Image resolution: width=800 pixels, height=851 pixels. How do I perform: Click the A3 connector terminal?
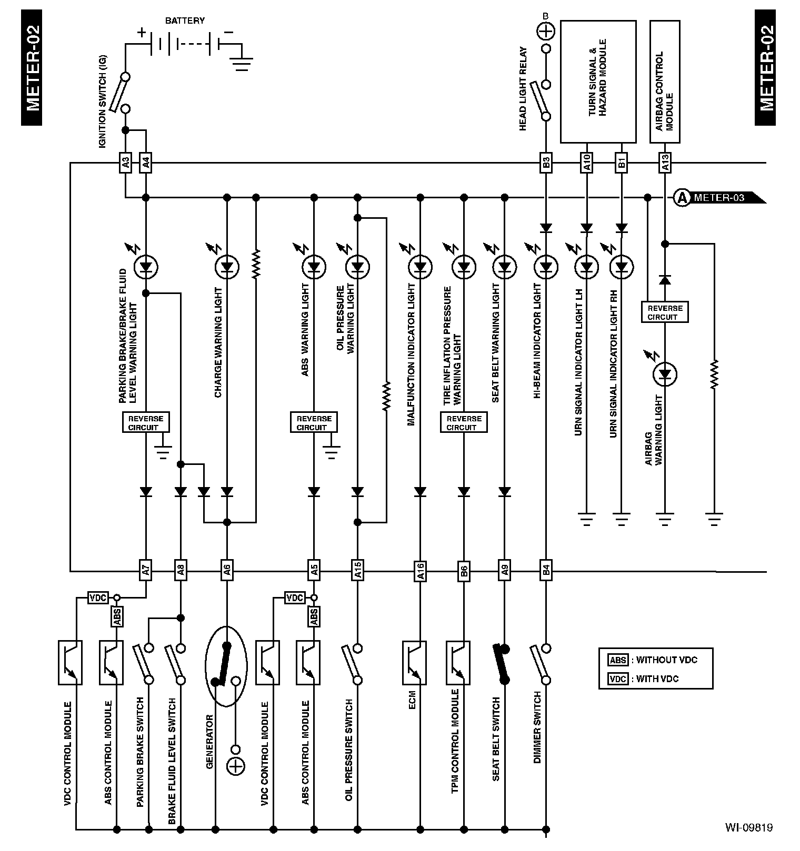pos(125,163)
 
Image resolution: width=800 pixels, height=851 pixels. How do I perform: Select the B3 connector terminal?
pos(546,163)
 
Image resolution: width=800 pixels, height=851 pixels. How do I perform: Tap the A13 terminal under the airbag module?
pos(665,163)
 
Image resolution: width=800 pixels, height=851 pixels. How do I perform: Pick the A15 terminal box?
pos(357,571)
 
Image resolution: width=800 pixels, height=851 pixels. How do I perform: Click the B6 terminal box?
pos(464,571)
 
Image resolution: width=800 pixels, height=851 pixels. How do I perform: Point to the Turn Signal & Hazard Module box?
pos(598,82)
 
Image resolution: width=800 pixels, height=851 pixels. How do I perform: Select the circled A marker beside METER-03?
pos(682,198)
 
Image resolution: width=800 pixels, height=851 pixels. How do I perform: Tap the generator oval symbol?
pos(226,666)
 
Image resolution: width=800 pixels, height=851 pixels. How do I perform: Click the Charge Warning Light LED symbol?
pos(227,268)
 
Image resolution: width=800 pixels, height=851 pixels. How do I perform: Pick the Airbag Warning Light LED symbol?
pos(665,374)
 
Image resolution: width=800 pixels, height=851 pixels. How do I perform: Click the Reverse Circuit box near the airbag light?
pos(665,312)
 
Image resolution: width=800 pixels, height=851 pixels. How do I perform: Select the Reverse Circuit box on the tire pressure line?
pos(464,422)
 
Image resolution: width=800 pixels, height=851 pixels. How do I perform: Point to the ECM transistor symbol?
pos(414,662)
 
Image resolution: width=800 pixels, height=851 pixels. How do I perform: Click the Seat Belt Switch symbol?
pos(504,664)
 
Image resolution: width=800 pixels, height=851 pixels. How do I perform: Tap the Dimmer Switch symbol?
pos(542,664)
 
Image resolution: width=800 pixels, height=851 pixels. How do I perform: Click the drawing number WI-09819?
pos(748,827)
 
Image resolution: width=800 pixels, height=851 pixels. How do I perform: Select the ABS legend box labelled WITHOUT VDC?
pos(618,660)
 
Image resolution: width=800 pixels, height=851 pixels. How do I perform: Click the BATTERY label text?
pos(185,21)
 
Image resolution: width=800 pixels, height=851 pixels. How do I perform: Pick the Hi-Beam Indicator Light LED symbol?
pos(546,268)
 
